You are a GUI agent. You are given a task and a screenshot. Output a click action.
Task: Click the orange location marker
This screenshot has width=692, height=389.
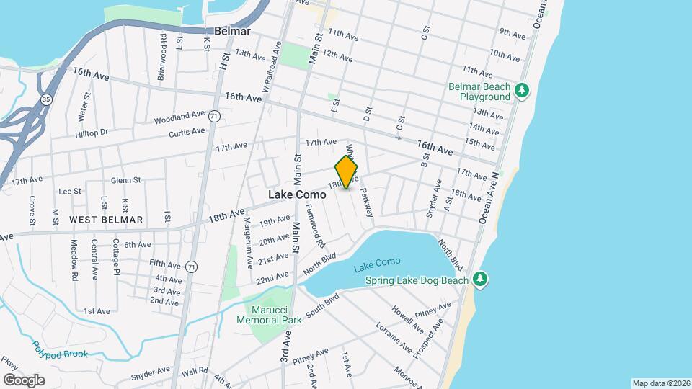point(346,172)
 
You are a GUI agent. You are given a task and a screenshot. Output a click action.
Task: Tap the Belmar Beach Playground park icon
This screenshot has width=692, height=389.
point(523,91)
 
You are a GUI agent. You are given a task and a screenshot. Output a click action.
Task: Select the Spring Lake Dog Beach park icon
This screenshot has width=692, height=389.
point(480,280)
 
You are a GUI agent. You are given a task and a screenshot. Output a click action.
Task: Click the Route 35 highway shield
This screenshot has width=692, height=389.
point(46,100)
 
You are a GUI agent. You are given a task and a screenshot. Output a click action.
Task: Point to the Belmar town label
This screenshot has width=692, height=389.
point(231,32)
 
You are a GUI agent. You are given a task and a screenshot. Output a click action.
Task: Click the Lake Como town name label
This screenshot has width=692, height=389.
point(297,194)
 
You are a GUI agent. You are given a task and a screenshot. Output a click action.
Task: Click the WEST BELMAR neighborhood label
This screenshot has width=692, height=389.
point(106,219)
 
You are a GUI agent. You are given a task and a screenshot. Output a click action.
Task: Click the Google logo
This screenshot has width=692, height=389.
point(24,380)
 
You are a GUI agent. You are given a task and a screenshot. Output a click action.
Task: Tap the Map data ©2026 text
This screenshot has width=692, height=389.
point(660,383)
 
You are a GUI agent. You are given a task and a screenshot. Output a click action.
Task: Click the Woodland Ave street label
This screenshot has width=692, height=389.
point(179,116)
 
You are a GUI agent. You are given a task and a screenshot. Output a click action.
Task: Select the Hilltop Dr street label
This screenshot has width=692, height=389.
point(92,133)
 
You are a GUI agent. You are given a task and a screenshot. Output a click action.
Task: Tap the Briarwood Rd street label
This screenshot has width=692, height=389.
point(163,55)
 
